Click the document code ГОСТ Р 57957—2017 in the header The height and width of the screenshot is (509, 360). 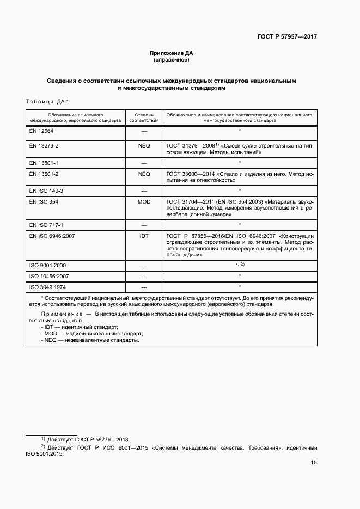click(286, 37)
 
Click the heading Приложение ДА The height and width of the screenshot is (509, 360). click(172, 53)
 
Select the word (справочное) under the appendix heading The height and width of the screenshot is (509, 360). click(172, 60)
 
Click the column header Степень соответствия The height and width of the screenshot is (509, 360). click(144, 118)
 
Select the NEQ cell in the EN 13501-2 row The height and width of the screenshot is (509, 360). click(144, 174)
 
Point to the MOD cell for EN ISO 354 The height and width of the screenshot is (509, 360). click(144, 201)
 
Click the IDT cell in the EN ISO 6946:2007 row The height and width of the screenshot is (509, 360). click(144, 236)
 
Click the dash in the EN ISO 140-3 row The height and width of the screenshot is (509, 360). click(144, 191)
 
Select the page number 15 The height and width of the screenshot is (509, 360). click(314, 463)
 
